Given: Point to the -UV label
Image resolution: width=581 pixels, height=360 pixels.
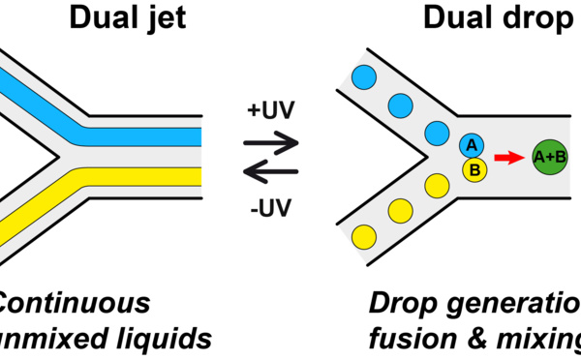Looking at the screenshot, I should click(x=271, y=206).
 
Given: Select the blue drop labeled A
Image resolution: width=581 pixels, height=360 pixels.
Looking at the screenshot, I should click(x=472, y=145).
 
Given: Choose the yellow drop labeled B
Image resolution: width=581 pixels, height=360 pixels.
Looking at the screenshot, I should click(x=474, y=169).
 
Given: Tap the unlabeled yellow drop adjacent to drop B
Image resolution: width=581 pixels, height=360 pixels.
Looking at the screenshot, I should click(x=437, y=184).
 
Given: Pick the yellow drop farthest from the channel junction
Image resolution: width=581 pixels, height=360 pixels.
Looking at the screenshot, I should click(x=365, y=234).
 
